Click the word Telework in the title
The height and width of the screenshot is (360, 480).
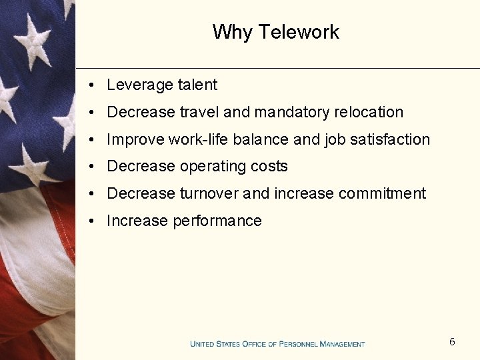299,32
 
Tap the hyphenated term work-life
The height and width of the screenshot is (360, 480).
199,139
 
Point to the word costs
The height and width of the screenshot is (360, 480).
269,167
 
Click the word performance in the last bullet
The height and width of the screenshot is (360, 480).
217,221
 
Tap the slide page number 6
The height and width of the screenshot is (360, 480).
452,342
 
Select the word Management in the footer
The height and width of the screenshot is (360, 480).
342,344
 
